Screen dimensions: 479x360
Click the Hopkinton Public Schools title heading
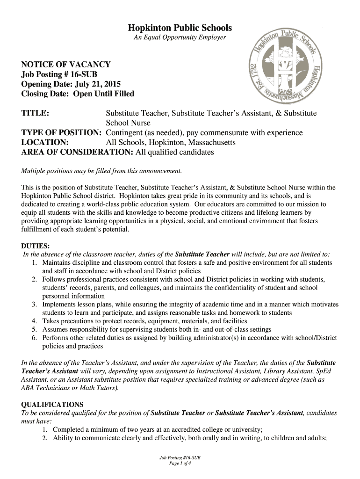(x=180, y=28)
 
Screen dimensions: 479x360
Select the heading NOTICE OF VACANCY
(x=66, y=65)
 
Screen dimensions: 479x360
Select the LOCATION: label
(x=45, y=142)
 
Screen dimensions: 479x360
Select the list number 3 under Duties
(x=35, y=305)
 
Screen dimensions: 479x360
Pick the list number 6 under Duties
(x=35, y=338)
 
